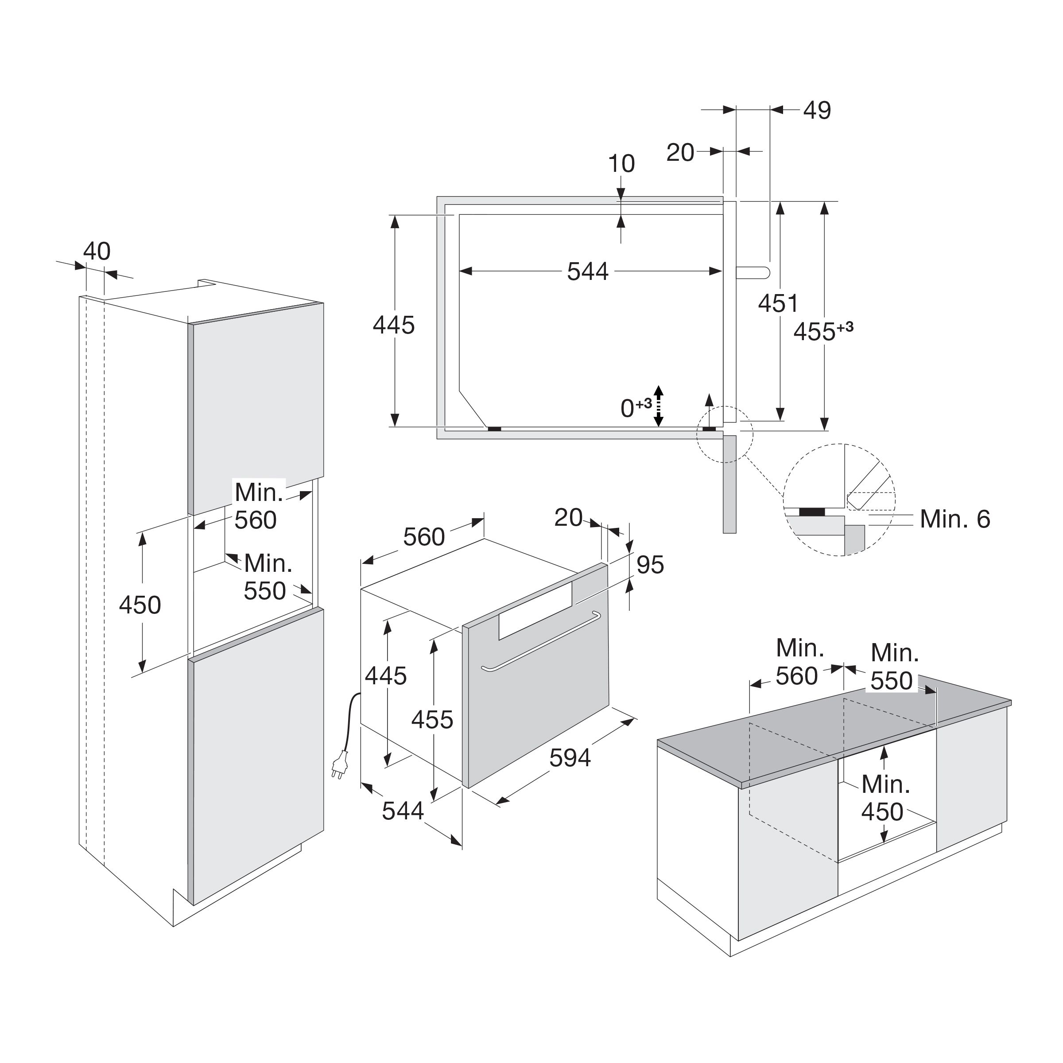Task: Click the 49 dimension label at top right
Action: point(817,111)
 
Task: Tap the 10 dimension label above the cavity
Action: point(621,164)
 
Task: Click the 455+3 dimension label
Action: point(823,331)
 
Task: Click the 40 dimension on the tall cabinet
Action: point(97,252)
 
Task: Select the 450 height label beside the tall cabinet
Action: point(140,605)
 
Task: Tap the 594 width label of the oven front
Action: point(570,758)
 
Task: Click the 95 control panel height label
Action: point(650,565)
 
